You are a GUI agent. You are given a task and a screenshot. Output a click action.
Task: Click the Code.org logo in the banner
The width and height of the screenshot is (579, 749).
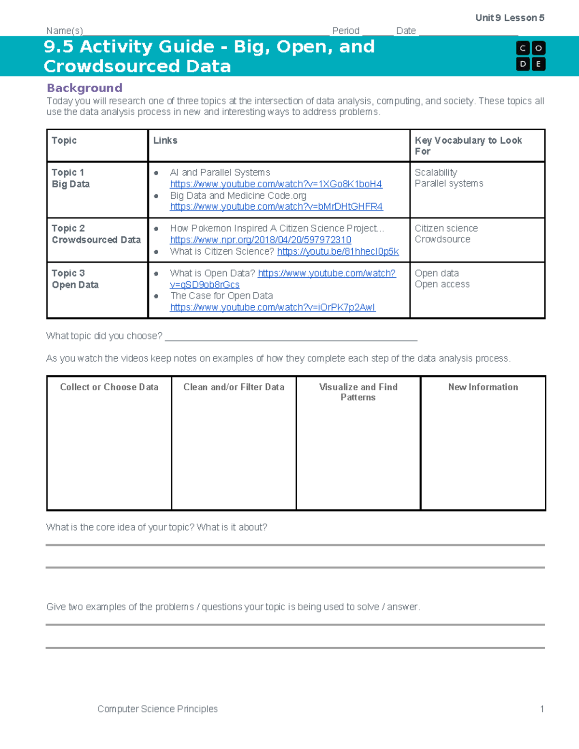(x=530, y=56)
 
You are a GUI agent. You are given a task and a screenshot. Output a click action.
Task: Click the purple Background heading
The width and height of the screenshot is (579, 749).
(x=84, y=88)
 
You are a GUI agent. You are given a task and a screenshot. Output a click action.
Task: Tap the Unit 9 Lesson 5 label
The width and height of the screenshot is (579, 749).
(x=510, y=18)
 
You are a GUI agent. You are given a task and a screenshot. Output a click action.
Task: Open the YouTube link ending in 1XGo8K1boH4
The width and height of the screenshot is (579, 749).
(x=276, y=184)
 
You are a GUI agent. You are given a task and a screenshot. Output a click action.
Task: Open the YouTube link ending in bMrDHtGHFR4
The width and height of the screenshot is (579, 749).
(x=276, y=206)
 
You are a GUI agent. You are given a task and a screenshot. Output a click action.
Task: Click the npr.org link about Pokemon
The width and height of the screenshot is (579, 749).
(x=261, y=240)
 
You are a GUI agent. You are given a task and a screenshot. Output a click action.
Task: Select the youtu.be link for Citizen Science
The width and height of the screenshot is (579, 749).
(x=338, y=251)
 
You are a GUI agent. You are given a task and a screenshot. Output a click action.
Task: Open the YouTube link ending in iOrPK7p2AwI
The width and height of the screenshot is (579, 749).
(x=273, y=307)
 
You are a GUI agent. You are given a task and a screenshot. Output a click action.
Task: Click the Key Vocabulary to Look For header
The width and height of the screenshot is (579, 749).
(x=468, y=145)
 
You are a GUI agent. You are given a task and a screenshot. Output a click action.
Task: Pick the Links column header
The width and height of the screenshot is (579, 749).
(x=165, y=140)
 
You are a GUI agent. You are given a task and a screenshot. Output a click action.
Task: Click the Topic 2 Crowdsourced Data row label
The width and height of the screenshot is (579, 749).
(x=96, y=234)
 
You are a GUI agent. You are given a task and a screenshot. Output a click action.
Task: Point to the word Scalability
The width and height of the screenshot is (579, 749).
(x=436, y=172)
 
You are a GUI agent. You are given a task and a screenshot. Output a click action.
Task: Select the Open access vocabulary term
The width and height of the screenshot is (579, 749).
(x=442, y=284)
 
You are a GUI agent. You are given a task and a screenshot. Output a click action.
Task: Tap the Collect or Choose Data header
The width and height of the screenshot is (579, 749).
(x=109, y=387)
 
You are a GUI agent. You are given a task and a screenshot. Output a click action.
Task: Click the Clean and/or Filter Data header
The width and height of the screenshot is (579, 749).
(x=234, y=387)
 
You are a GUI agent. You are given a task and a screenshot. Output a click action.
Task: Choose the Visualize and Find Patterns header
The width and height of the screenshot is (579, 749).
(x=358, y=392)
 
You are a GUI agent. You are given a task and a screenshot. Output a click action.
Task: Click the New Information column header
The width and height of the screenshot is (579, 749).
(x=483, y=387)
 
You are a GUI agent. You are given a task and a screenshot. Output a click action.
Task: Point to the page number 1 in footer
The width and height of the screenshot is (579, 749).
(x=542, y=708)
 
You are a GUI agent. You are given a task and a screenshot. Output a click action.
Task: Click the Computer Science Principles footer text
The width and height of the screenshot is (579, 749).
(x=157, y=708)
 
